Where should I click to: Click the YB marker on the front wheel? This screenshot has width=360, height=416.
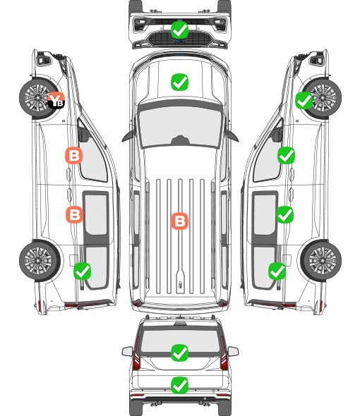56,100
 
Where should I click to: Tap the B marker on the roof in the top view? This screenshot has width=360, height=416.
180,221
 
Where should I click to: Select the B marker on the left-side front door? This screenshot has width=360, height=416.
74,155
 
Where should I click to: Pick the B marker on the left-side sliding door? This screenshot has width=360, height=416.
74,214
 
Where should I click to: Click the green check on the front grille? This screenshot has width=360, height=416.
179,30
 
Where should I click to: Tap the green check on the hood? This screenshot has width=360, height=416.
179,82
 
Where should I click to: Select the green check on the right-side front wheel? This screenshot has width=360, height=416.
304,101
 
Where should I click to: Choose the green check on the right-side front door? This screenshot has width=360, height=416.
286,156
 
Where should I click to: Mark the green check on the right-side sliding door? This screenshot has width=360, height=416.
284,214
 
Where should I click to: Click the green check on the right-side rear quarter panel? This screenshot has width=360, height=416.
277,271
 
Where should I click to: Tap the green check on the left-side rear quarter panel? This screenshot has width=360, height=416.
83,271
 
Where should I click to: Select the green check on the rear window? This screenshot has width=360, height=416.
179,353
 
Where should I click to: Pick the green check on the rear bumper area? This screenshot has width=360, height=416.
179,385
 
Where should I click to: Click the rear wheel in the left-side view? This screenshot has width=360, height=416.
40,261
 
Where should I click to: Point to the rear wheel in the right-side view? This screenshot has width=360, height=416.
321,261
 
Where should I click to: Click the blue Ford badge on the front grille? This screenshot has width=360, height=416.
179,41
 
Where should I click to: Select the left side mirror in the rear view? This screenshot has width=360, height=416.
128,351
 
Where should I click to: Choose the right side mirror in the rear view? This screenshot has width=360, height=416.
233,351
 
